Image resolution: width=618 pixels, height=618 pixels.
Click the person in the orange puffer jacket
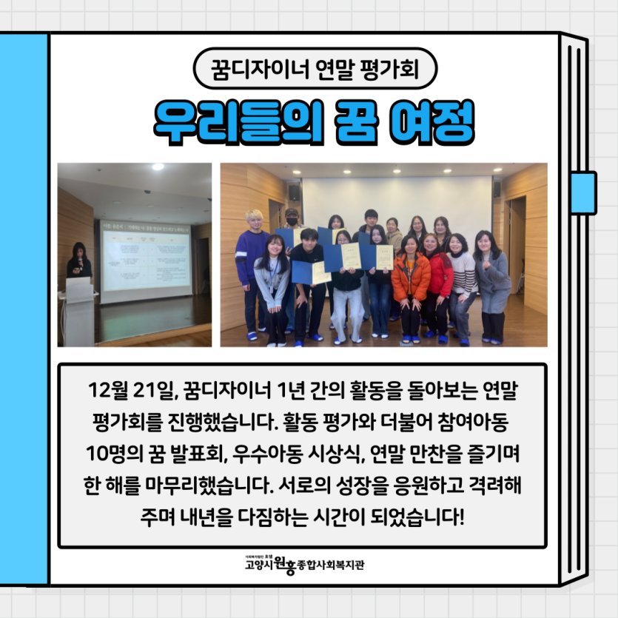coord(411,281)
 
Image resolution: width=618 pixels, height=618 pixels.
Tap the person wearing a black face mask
coord(292,222)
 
